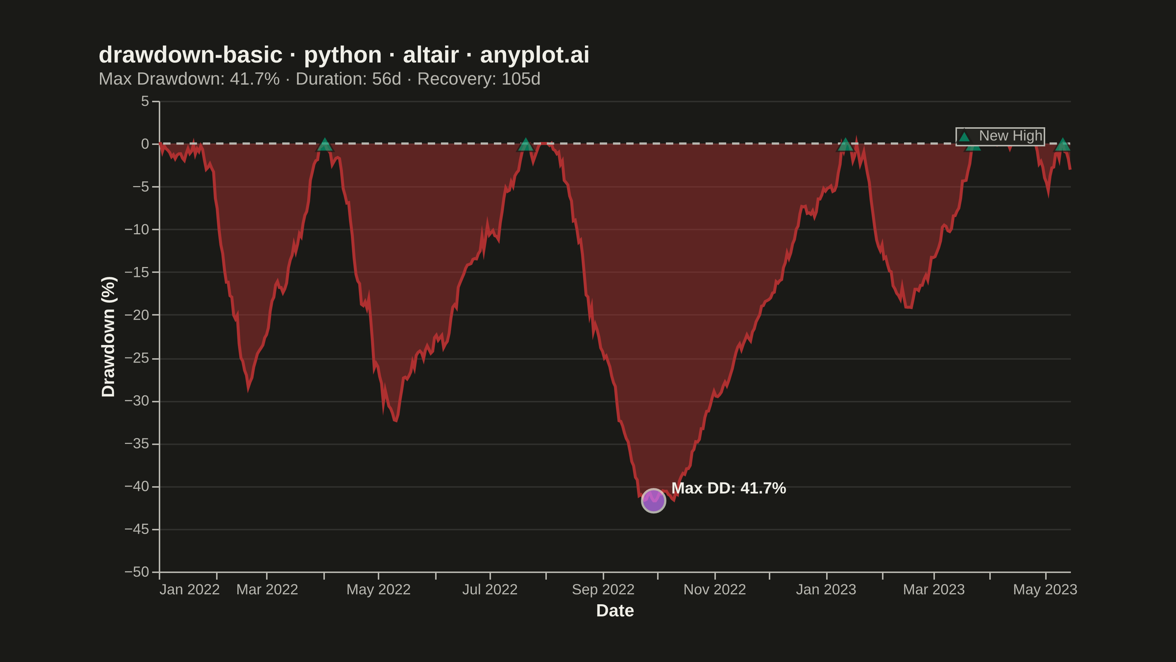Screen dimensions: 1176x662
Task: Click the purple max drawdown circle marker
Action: coord(653,501)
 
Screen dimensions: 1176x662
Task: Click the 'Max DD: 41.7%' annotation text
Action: coord(729,488)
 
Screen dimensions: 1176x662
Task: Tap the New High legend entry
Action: coord(1000,136)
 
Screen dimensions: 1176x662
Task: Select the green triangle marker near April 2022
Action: coord(325,145)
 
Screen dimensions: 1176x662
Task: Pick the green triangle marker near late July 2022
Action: coord(526,145)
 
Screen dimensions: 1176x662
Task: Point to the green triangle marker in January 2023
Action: coord(845,145)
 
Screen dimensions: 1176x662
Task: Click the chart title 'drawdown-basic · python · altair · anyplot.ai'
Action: coord(344,55)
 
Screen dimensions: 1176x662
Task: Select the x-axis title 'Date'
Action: coord(615,611)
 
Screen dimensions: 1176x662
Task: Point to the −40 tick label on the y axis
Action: coord(137,487)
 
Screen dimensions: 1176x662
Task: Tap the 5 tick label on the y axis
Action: coord(145,101)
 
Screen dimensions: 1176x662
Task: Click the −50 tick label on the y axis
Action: coord(137,572)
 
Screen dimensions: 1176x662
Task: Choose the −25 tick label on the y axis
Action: coord(137,358)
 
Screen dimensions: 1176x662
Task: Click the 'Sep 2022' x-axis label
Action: coord(603,589)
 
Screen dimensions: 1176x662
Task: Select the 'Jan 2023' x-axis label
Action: coord(826,589)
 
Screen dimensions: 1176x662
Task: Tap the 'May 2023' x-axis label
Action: coord(1045,589)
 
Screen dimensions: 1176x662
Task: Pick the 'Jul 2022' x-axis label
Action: coord(490,589)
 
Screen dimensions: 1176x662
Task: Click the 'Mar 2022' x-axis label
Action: coord(267,589)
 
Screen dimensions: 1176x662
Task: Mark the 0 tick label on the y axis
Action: coord(145,144)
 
